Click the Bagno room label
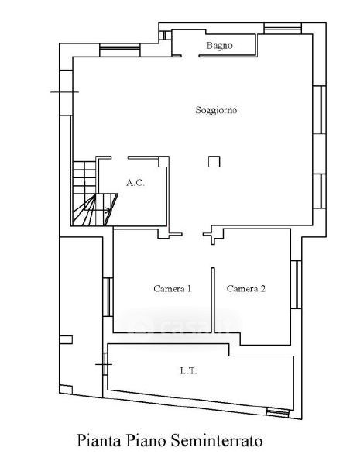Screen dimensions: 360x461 [219, 46]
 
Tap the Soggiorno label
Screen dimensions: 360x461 [216, 111]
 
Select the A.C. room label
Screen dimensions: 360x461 [135, 183]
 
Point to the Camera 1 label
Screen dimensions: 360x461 [173, 289]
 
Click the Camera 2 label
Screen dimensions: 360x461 [246, 289]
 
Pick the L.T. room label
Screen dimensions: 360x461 [188, 371]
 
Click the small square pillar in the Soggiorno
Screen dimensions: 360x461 [214, 162]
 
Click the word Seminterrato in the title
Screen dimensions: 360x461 [217, 441]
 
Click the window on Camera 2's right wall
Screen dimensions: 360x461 [297, 284]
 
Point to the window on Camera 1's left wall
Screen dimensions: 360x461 [108, 297]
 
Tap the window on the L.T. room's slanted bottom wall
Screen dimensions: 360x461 [278, 413]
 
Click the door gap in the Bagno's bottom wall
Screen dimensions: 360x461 [190, 56]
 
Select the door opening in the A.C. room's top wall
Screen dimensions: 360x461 [119, 158]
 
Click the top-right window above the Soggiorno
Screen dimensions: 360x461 [283, 29]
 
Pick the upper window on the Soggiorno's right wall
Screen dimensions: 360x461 [320, 110]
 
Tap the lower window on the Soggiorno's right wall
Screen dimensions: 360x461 [320, 191]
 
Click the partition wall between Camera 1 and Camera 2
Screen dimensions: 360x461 [213, 300]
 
